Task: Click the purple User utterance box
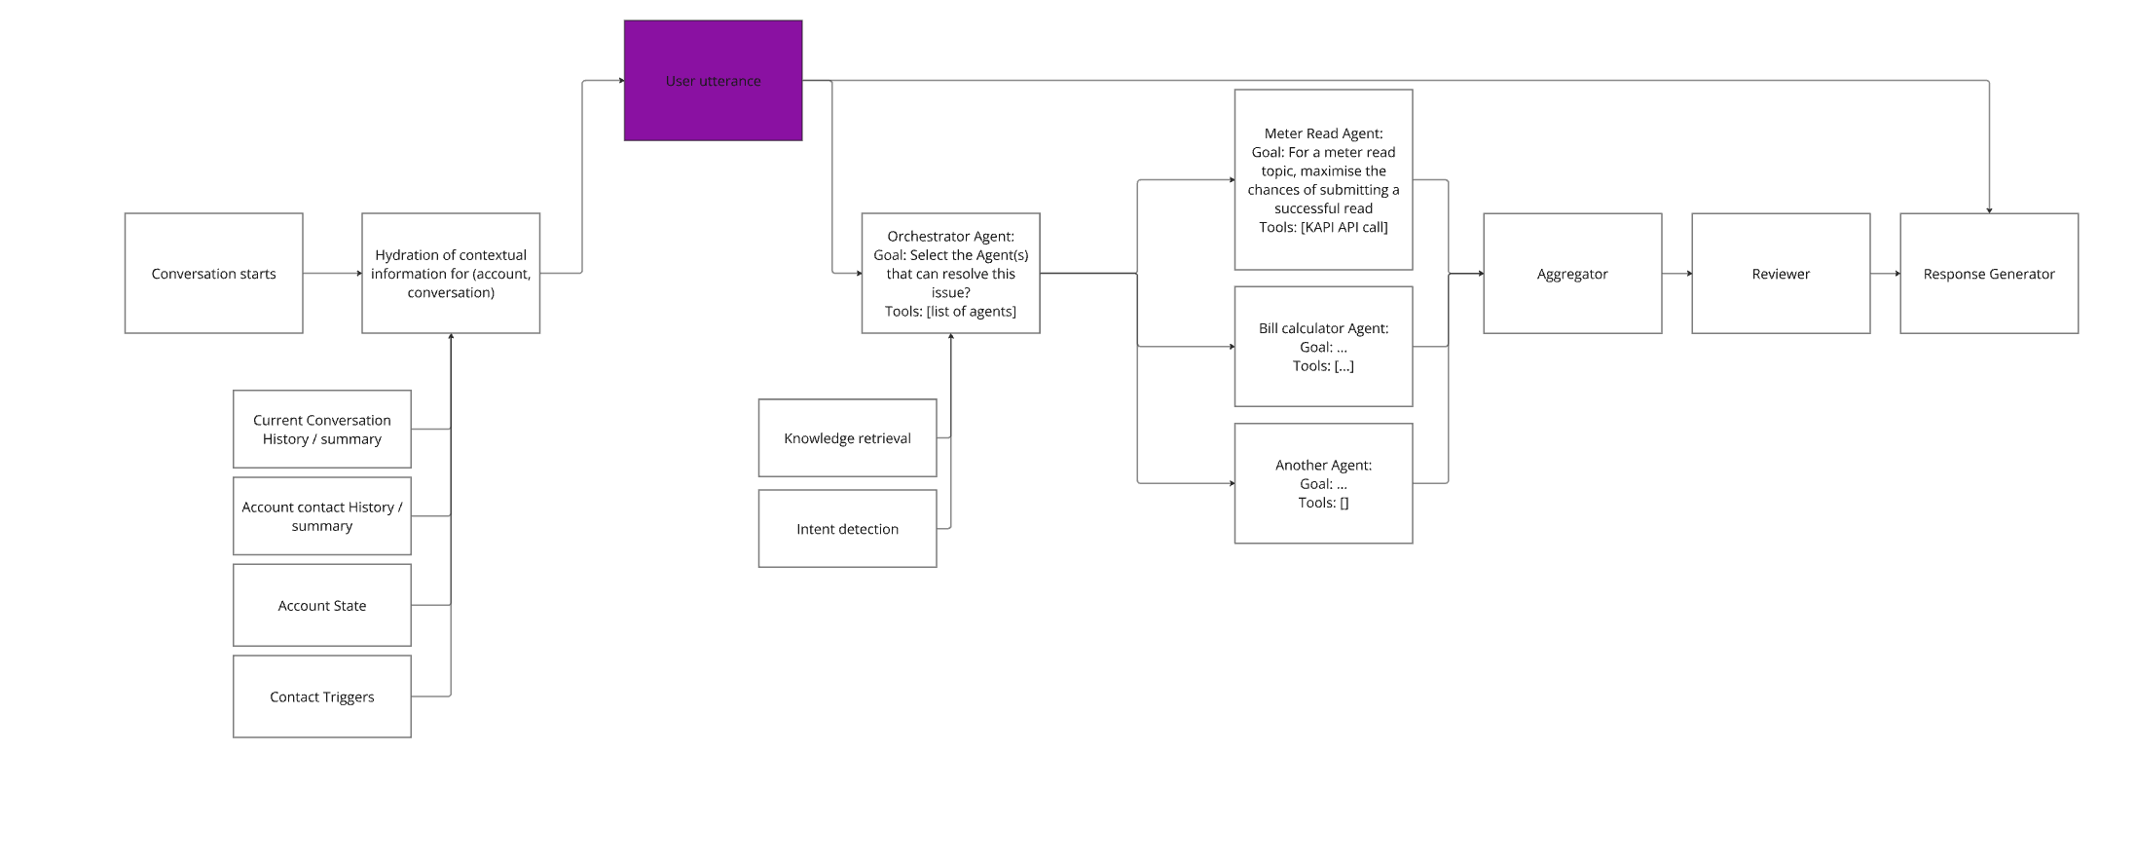tap(713, 81)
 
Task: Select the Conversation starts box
tap(213, 274)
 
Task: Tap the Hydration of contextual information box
tap(451, 274)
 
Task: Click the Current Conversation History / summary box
tap(322, 430)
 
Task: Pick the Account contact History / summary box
tap(322, 516)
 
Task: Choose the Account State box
tap(322, 606)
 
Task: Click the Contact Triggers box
tap(322, 696)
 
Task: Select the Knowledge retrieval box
tap(847, 438)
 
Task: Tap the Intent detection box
tap(847, 529)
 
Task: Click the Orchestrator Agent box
tap(950, 274)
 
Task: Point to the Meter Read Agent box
tap(1323, 180)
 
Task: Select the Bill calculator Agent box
tap(1323, 347)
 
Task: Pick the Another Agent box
tap(1323, 484)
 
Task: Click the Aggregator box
tap(1572, 274)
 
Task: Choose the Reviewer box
tap(1781, 274)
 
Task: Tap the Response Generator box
tap(1989, 274)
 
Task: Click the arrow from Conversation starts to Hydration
tap(332, 274)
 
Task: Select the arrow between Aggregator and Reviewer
tap(1676, 274)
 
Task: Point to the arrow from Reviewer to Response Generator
tap(1885, 274)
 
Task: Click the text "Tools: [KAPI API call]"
tap(1323, 227)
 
